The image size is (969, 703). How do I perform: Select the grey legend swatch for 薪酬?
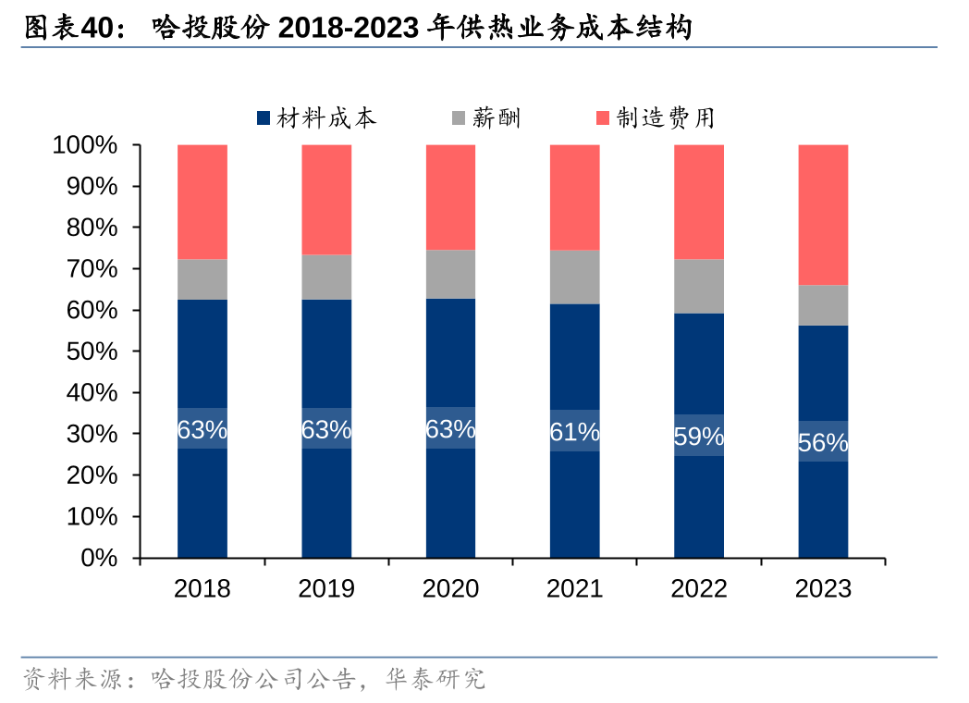click(459, 118)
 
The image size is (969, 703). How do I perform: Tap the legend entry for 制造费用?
click(655, 118)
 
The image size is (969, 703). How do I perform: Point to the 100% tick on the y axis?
click(85, 145)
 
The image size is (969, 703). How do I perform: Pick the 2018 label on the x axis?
click(202, 588)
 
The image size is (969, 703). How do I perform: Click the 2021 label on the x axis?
click(574, 588)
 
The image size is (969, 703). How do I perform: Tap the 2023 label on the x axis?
click(823, 588)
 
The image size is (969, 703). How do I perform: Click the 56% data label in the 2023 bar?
click(823, 443)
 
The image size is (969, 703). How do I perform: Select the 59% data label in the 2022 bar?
click(698, 437)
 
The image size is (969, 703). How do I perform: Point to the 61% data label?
click(574, 431)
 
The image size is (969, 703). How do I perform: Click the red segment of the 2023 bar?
click(823, 215)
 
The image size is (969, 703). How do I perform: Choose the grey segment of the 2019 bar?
click(325, 277)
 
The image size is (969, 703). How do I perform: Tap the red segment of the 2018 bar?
click(202, 202)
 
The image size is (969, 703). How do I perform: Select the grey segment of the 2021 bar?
click(574, 277)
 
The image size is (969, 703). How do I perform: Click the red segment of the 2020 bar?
click(450, 197)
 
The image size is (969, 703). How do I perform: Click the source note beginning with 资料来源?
click(253, 680)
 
